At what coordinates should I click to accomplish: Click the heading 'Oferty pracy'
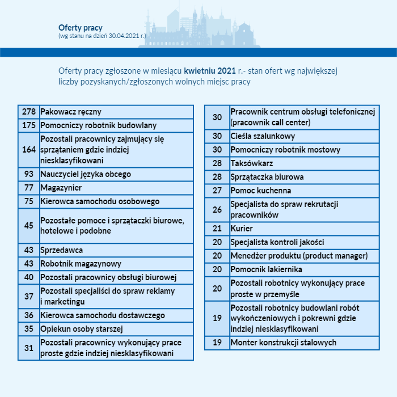[x=80, y=27]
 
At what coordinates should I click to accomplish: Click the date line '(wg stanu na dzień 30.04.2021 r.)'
[x=102, y=36]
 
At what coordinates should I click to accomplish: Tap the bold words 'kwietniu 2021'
[x=209, y=71]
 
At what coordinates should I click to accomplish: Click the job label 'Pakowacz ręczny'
[x=71, y=112]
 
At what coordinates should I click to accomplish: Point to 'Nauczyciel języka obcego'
[x=86, y=174]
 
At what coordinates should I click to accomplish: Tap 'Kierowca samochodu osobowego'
[x=100, y=201]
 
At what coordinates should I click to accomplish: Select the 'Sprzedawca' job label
[x=62, y=250]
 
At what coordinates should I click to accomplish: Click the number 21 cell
[x=217, y=229]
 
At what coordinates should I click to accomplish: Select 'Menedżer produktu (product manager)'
[x=299, y=256]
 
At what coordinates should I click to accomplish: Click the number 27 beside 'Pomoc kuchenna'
[x=217, y=191]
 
